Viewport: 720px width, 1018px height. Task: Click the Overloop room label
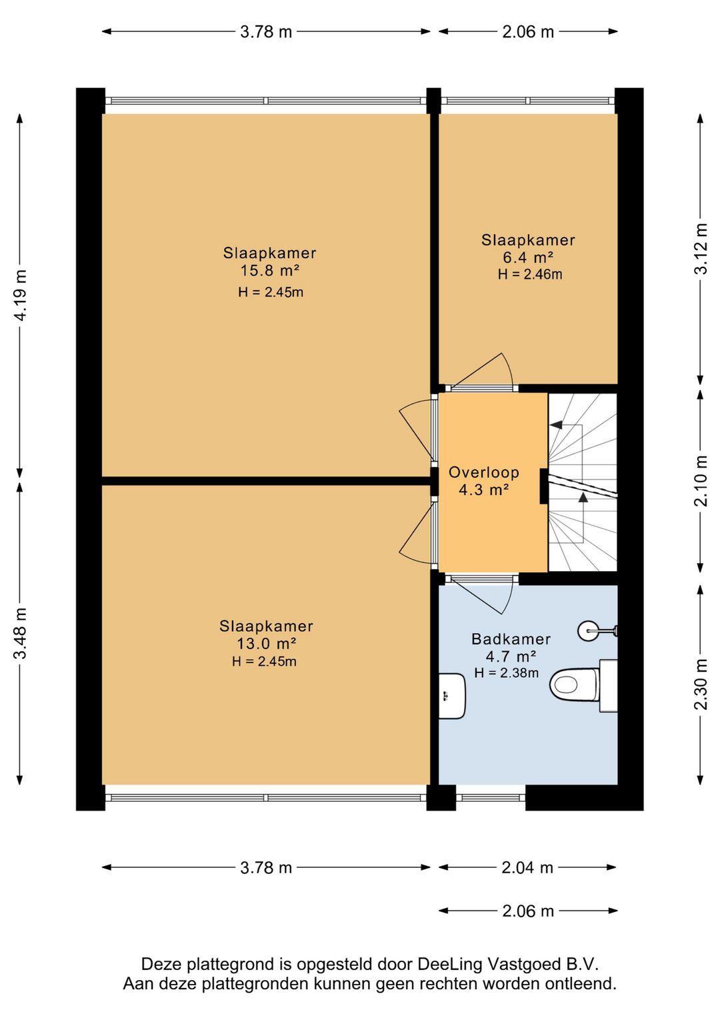(484, 472)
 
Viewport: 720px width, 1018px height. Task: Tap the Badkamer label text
(511, 639)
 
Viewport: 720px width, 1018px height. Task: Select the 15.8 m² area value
(270, 270)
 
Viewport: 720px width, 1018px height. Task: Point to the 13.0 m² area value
(267, 644)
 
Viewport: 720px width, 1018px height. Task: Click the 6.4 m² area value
(528, 258)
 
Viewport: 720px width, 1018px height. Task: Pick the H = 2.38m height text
(507, 672)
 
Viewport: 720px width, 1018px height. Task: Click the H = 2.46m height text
(530, 274)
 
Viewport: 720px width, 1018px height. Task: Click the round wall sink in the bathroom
(589, 630)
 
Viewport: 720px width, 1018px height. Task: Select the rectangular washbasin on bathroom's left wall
(453, 696)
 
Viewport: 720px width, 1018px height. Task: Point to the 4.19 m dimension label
(21, 296)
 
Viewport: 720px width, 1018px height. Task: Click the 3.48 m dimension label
(21, 632)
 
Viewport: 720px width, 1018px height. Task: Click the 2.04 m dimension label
(527, 868)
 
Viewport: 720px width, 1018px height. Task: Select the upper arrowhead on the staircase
(555, 425)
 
